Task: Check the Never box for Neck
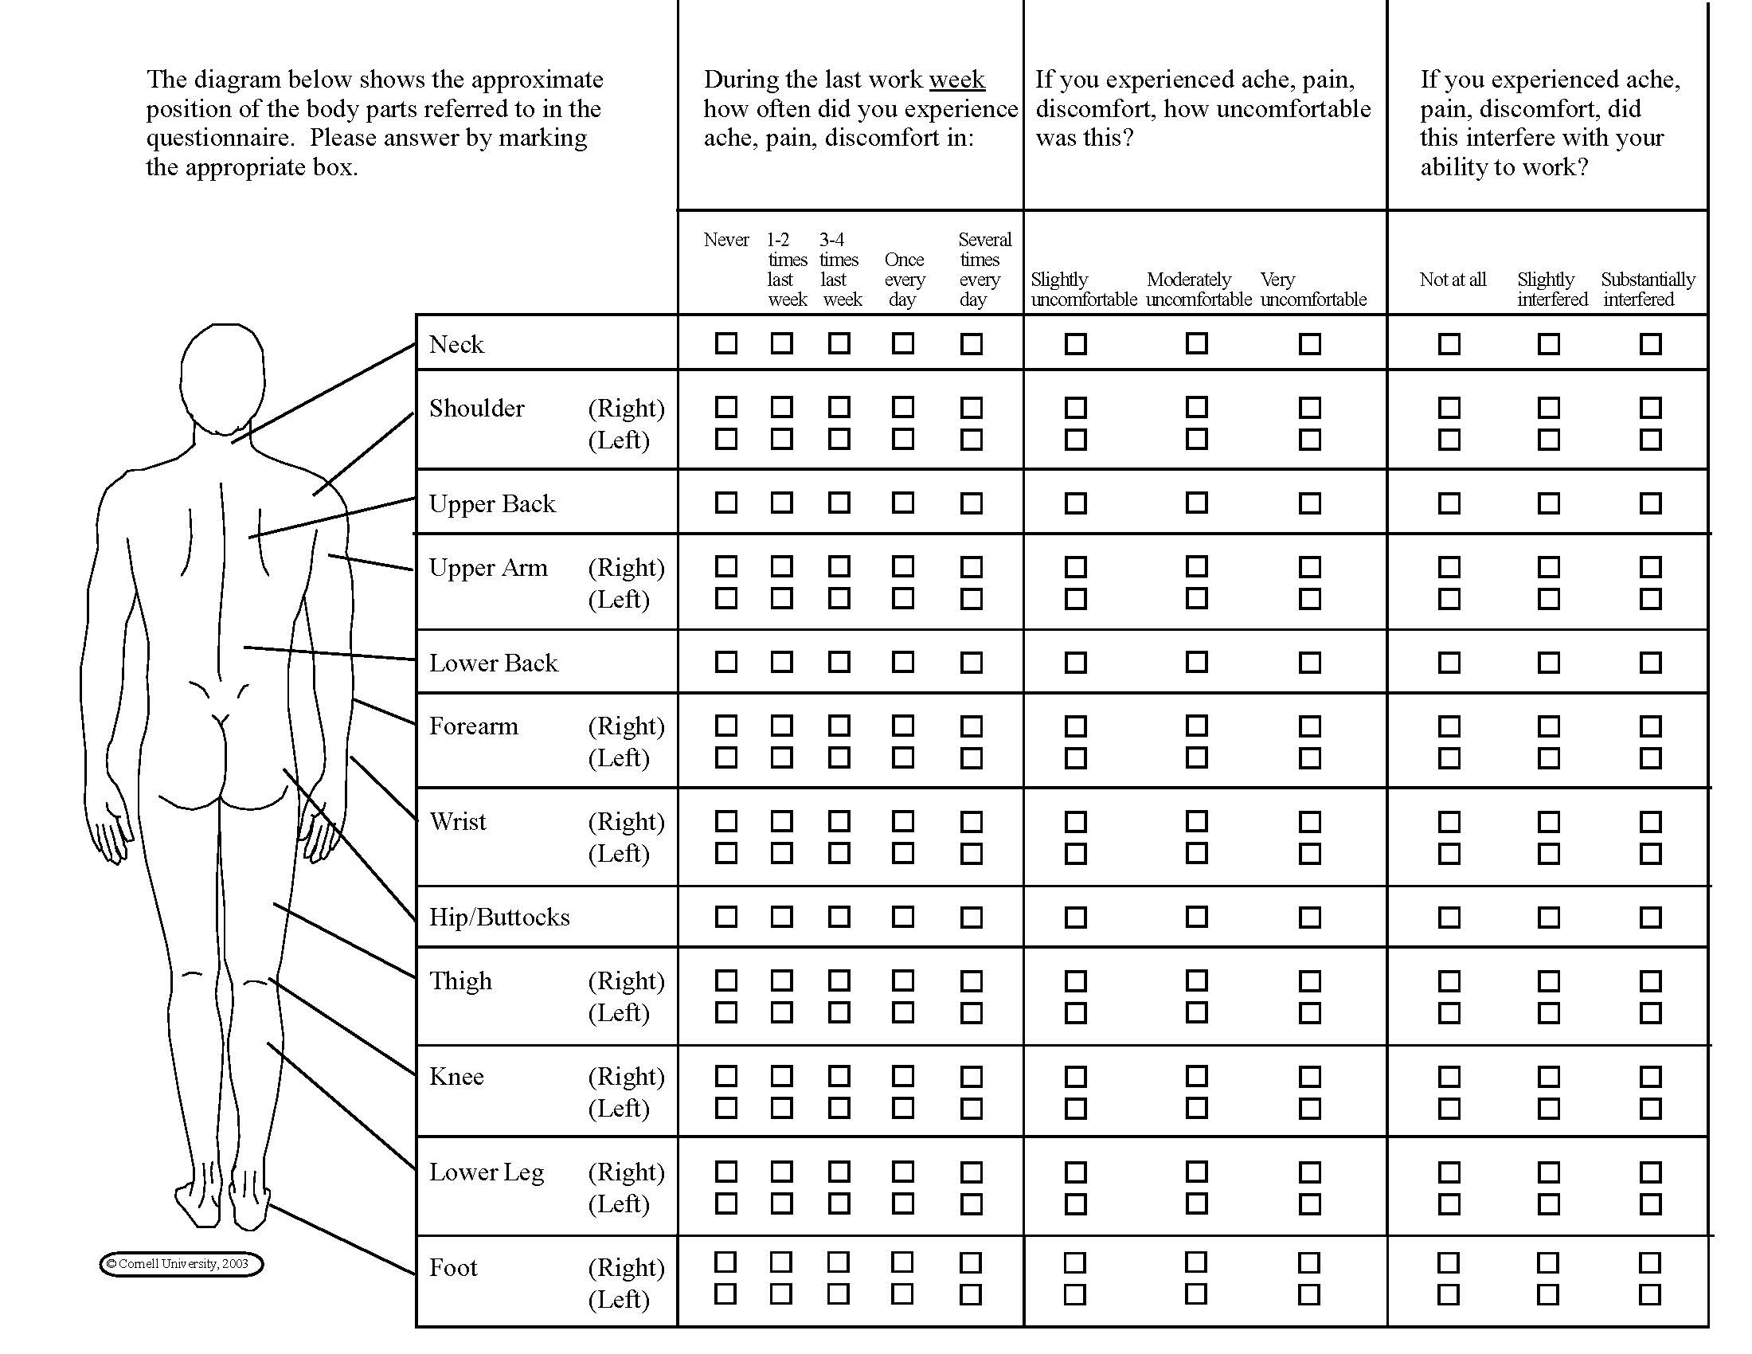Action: pos(726,343)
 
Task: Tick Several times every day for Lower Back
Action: pos(972,663)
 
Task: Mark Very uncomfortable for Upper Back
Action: pos(1310,503)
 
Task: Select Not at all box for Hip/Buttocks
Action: pos(1449,917)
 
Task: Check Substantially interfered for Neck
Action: pos(1650,343)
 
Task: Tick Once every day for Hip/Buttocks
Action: pos(903,916)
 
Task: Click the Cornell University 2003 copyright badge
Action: pos(182,1264)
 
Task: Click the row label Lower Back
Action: pos(494,663)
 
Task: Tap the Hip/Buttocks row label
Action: pos(499,918)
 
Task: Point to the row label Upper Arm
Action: pos(487,568)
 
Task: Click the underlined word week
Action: pos(957,80)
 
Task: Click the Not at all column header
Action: pos(1452,280)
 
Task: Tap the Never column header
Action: pos(726,240)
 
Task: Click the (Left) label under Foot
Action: pos(619,1299)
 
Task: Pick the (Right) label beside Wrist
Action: pos(627,821)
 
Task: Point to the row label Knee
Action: pos(456,1077)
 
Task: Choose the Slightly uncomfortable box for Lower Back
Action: pos(1076,663)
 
